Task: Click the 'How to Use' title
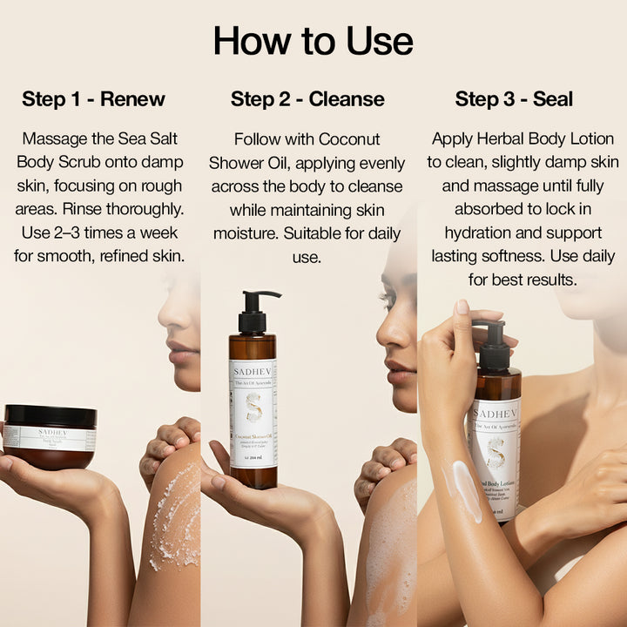click(x=313, y=41)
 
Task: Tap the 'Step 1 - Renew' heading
click(x=93, y=99)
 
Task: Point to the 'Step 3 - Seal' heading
click(x=514, y=99)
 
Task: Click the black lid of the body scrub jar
click(x=50, y=415)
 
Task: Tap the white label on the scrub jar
click(x=50, y=438)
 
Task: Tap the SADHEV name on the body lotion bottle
click(x=496, y=412)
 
